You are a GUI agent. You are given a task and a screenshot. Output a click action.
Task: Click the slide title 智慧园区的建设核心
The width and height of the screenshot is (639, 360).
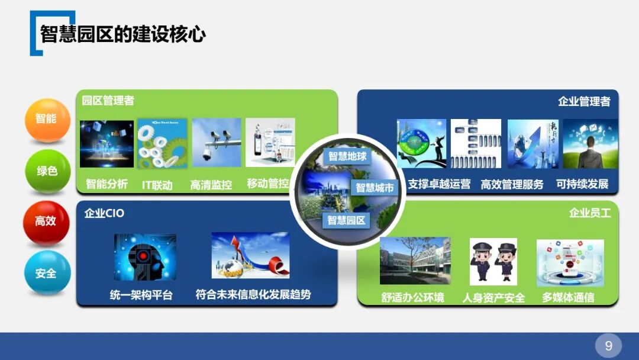[123, 34]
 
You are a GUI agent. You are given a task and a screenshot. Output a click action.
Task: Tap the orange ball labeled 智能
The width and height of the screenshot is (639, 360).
[47, 119]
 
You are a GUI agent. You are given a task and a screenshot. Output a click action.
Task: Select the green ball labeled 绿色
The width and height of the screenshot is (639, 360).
[47, 171]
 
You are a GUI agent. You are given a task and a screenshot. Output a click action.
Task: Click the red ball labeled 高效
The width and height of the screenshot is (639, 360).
[46, 221]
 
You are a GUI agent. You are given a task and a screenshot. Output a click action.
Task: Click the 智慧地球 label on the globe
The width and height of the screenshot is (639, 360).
[347, 157]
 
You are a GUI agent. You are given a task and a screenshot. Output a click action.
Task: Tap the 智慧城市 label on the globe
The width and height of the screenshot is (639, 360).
[375, 188]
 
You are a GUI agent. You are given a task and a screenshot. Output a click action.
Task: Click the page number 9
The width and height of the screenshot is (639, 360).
[608, 345]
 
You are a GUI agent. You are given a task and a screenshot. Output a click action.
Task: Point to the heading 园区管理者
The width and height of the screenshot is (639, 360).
[108, 101]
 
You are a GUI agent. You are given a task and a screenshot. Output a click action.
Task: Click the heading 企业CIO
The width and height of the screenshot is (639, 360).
[104, 213]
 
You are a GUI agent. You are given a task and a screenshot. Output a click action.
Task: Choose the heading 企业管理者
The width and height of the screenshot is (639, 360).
[584, 101]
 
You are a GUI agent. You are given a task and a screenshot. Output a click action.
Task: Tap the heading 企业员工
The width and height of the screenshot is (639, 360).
[590, 213]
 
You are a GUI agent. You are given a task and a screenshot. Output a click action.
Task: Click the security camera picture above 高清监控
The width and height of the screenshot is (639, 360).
[217, 142]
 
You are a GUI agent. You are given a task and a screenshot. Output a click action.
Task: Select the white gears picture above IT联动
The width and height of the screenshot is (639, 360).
[162, 143]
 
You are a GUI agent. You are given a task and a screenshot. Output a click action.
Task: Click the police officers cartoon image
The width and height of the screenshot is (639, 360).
[493, 262]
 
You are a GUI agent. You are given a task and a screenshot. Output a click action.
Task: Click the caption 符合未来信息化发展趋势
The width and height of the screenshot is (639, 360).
[253, 294]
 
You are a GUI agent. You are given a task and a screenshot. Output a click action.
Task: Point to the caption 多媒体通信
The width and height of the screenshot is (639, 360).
[568, 297]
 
